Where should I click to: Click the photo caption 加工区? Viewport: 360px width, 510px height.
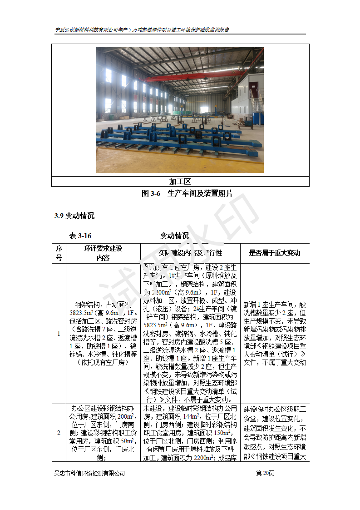pyautogui.click(x=180, y=182)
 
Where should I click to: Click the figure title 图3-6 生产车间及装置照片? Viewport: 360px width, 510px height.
pyautogui.click(x=187, y=194)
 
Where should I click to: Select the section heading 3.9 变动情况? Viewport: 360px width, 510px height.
pyautogui.click(x=74, y=216)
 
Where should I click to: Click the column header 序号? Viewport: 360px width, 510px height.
pyautogui.click(x=59, y=253)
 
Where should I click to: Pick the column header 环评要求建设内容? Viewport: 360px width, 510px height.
pyautogui.click(x=103, y=253)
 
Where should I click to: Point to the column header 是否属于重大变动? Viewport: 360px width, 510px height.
pyautogui.click(x=275, y=253)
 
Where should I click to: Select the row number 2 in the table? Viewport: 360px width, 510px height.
pyautogui.click(x=59, y=433)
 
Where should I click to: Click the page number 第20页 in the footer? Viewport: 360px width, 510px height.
pyautogui.click(x=265, y=473)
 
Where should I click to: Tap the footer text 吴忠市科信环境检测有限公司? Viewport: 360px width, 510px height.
pyautogui.click(x=89, y=473)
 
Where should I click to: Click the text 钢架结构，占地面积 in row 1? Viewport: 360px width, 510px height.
pyautogui.click(x=103, y=305)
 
